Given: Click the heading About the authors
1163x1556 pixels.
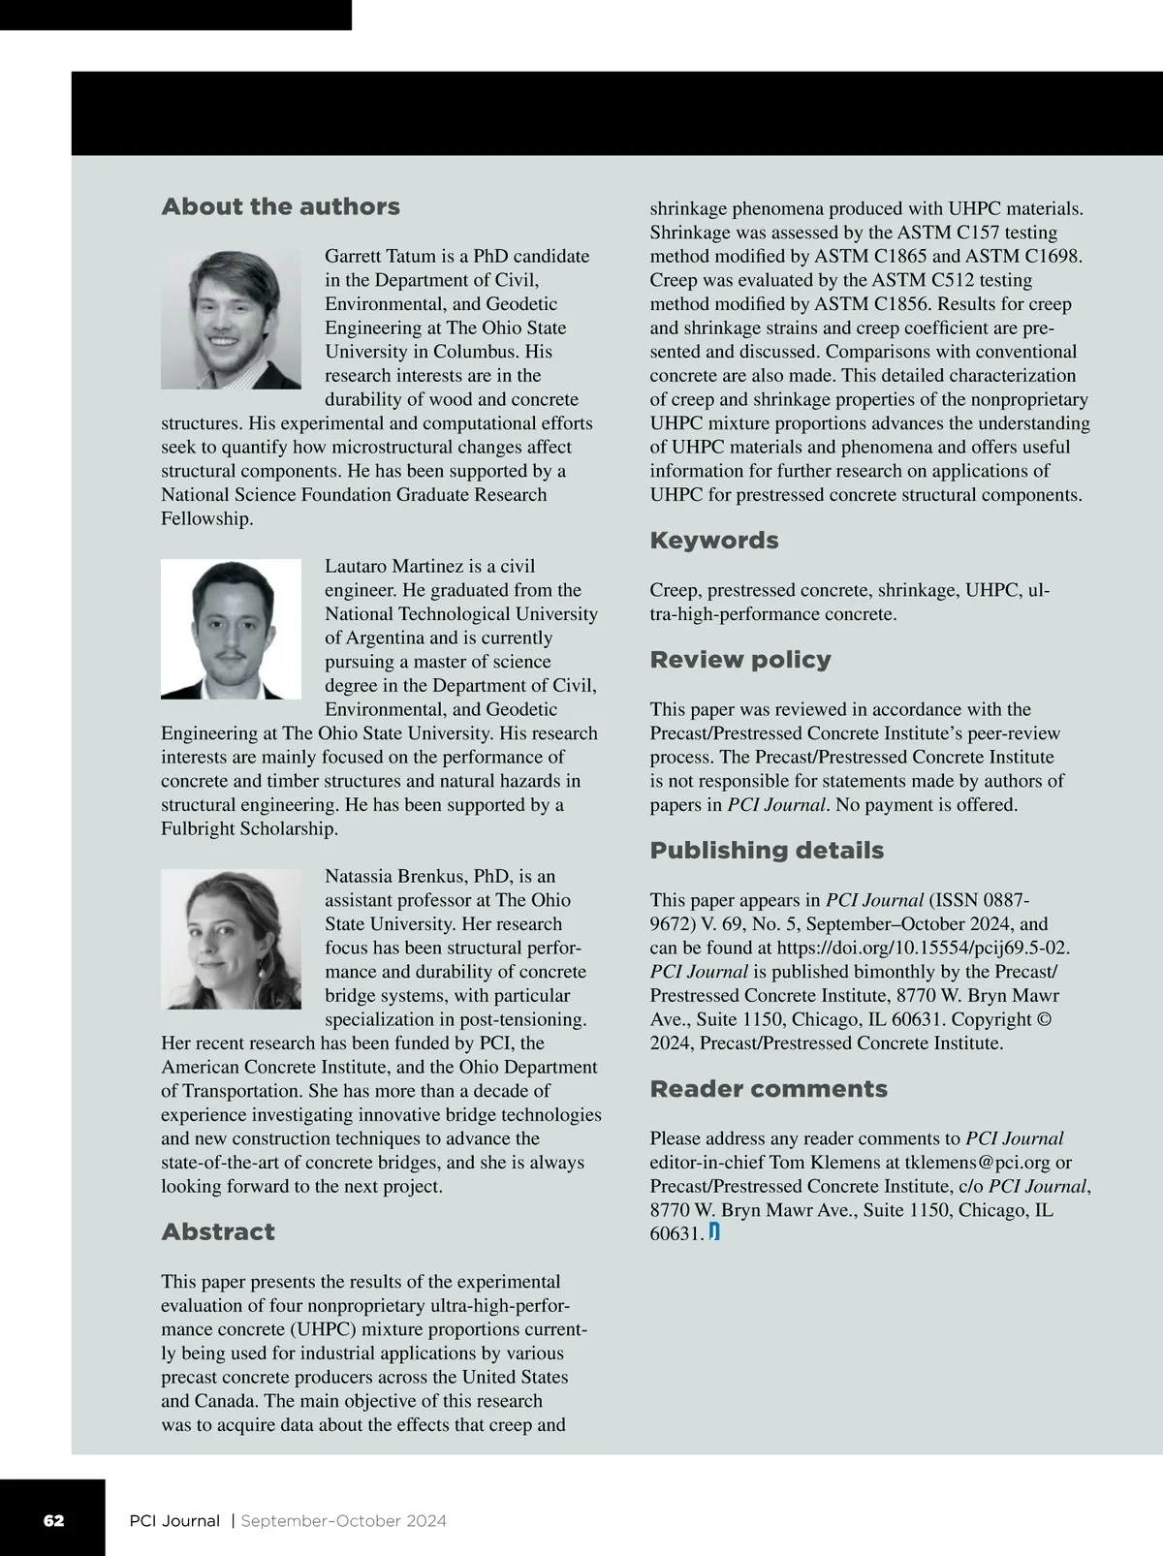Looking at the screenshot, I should [x=280, y=207].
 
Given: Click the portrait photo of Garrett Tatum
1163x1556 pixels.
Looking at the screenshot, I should [x=232, y=319].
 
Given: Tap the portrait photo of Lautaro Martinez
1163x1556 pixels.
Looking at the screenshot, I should [x=232, y=629].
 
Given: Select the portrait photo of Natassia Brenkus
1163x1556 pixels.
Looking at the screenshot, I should [x=232, y=939].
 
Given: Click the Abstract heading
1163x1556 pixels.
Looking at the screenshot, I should [x=218, y=1231].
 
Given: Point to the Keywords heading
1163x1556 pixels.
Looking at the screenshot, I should [x=714, y=541].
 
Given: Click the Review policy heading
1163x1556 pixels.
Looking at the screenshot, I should [x=740, y=660].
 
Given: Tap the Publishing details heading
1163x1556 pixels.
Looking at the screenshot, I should [x=767, y=851].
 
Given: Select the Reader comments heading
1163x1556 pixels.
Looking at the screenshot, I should [x=769, y=1089].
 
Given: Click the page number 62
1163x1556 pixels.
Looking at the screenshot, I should [x=54, y=1520].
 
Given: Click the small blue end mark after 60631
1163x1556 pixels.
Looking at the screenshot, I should [x=714, y=1232].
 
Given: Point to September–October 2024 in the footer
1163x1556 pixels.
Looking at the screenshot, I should [x=344, y=1520].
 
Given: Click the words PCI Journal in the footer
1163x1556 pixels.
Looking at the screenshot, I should [x=174, y=1520].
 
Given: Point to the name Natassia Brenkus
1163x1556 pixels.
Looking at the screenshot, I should [x=394, y=877].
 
